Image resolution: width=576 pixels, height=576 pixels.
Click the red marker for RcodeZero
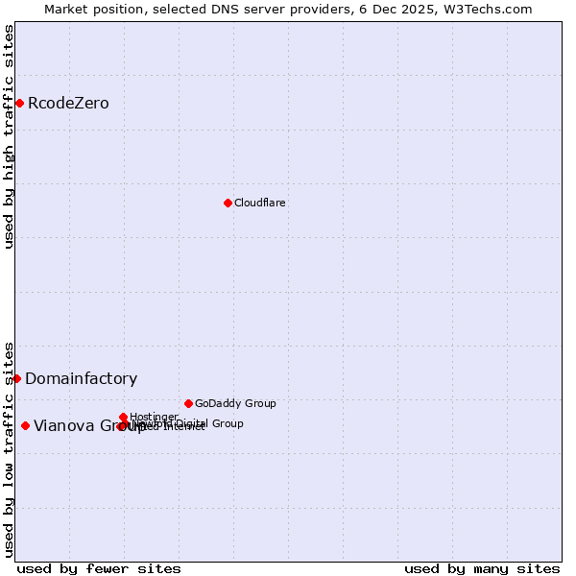pos(19,103)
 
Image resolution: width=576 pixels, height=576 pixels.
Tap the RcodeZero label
pos(68,104)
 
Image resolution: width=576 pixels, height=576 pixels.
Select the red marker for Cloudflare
pos(228,203)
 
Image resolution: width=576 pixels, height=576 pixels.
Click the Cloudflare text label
pos(260,204)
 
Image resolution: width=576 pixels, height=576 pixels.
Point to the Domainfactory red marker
pos(16,378)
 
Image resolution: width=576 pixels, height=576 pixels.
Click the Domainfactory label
pos(81,379)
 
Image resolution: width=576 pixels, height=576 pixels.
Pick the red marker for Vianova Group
pos(25,425)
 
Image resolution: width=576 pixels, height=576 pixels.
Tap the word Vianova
pos(63,426)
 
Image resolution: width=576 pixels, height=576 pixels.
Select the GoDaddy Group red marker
pos(188,403)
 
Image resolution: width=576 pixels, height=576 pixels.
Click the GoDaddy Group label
pos(235,404)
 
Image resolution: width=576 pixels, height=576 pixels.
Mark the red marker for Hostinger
pos(124,417)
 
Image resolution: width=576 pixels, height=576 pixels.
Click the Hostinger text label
pos(154,417)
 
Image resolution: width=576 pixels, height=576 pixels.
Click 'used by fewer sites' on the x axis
pos(99,569)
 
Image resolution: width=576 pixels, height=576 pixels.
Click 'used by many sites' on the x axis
pos(482,569)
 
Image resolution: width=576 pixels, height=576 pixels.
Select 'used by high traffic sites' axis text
pos(9,136)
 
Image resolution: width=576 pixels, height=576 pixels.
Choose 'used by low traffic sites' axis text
pos(9,448)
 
